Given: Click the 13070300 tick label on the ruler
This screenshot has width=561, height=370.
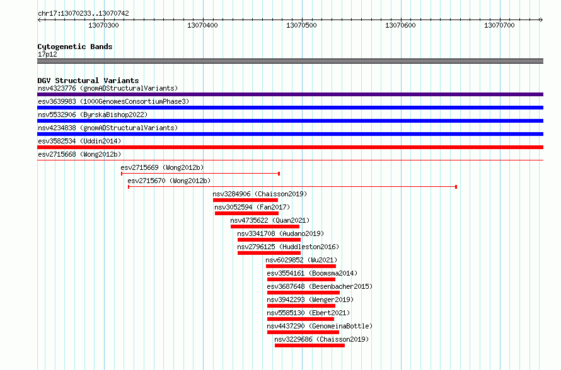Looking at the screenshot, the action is [103, 25].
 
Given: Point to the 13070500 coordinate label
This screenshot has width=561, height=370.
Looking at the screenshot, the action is [301, 25].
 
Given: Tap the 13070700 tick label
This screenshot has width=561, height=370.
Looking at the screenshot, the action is [499, 25].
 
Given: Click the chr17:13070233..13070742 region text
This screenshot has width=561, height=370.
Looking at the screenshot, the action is [83, 14].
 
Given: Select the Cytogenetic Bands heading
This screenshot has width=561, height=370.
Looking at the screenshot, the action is [75, 47].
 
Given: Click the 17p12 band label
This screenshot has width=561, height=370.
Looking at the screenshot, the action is [47, 54].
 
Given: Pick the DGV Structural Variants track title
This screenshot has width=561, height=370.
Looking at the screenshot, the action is [88, 81].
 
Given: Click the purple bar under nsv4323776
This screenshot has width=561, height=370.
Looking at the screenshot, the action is [290, 94].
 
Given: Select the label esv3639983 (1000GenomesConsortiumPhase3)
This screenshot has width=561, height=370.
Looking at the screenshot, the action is [113, 101].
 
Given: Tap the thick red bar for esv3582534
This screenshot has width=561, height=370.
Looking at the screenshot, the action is [290, 147].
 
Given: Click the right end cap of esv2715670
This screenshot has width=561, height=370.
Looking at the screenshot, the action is [456, 187].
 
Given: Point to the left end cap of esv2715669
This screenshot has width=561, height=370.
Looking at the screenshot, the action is [122, 174].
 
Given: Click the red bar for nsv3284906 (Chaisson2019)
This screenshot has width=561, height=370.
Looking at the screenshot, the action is [245, 200].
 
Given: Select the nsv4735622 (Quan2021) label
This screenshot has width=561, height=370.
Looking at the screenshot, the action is [270, 220].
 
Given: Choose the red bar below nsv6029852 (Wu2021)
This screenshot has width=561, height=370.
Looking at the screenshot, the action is [301, 266].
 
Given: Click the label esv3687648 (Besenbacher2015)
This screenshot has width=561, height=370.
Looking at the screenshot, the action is [320, 286].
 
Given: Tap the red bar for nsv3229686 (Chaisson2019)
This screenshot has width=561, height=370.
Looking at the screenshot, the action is [310, 345].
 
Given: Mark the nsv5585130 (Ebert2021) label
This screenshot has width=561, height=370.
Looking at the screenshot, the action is [308, 313].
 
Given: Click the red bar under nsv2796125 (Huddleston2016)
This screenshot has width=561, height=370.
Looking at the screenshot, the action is [269, 253].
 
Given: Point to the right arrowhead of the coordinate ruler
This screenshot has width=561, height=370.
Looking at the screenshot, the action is [541, 20].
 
